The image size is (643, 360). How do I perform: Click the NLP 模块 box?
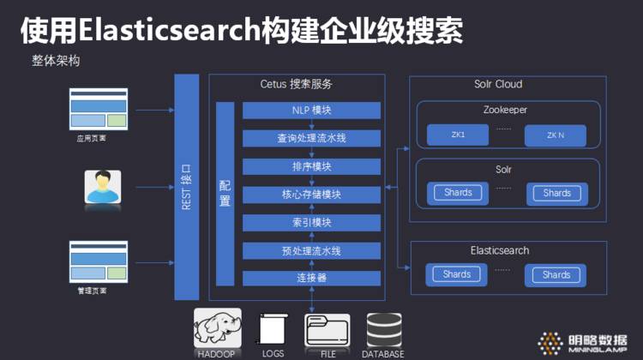pyautogui.click(x=311, y=111)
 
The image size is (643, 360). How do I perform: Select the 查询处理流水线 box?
pyautogui.click(x=311, y=138)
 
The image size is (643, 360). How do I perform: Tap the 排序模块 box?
pyautogui.click(x=311, y=166)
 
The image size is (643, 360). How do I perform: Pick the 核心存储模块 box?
pyautogui.click(x=311, y=195)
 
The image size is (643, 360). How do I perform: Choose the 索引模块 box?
pyautogui.click(x=311, y=223)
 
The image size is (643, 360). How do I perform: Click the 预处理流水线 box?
pyautogui.click(x=311, y=251)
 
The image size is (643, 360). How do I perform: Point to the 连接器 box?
pyautogui.click(x=311, y=278)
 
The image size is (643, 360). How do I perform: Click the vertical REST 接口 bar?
pyautogui.click(x=186, y=187)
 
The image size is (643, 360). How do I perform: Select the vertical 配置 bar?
pyautogui.click(x=225, y=194)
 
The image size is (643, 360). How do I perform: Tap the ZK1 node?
pyautogui.click(x=457, y=135)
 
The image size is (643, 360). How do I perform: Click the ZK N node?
pyautogui.click(x=556, y=135)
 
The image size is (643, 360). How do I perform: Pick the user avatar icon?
pyautogui.click(x=103, y=187)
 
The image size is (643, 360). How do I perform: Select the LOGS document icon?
pyautogui.click(x=272, y=330)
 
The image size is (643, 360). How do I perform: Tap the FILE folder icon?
pyautogui.click(x=327, y=330)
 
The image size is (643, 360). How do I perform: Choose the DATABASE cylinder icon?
pyautogui.click(x=383, y=330)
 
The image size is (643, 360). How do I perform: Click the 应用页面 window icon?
pyautogui.click(x=98, y=110)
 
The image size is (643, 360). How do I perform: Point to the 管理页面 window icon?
pyautogui.click(x=98, y=264)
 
